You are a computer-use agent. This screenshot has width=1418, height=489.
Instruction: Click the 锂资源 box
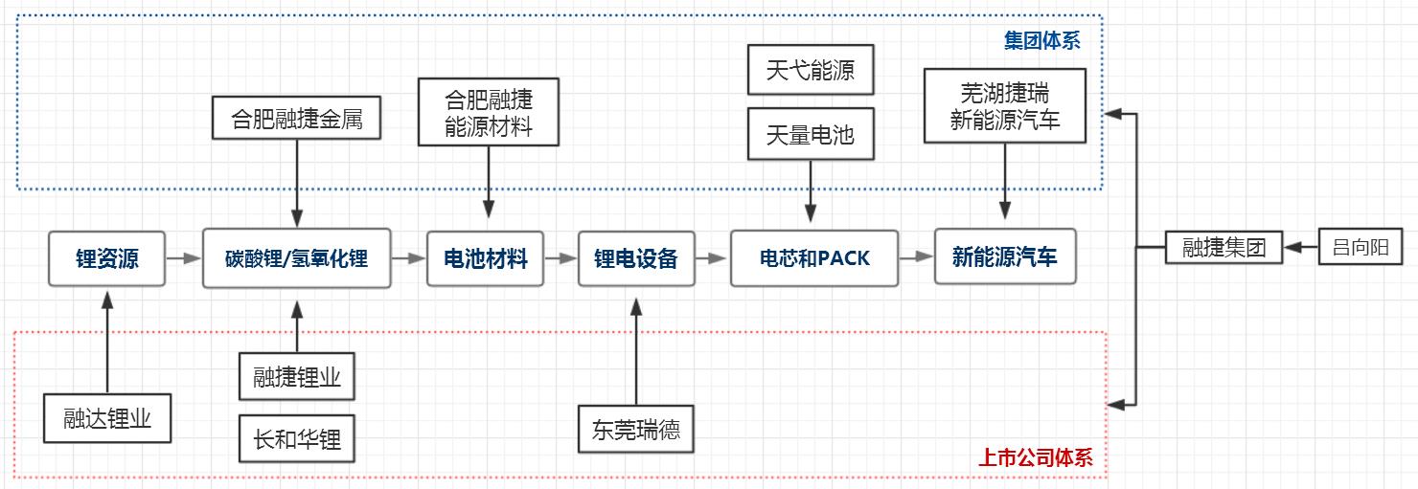tap(106, 258)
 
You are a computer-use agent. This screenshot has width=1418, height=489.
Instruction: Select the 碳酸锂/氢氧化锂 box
tap(296, 258)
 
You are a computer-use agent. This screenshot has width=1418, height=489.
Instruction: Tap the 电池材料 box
tap(485, 258)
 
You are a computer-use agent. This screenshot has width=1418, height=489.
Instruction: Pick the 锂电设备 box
tap(635, 258)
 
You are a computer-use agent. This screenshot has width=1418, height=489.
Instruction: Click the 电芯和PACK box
tap(813, 258)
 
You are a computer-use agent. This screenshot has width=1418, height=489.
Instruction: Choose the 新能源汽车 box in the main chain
tap(1004, 256)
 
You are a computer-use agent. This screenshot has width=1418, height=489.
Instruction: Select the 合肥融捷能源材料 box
tap(489, 112)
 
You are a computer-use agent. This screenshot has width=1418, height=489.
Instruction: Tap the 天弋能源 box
tap(810, 72)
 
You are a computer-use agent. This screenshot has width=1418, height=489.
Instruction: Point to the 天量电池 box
tap(810, 134)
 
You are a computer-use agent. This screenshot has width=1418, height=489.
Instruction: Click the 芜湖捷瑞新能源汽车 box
tap(1004, 106)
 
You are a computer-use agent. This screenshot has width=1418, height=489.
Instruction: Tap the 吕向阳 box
tap(1361, 247)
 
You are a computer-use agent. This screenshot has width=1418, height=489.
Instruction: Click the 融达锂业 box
tap(107, 418)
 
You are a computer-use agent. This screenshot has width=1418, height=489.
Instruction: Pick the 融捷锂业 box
tap(296, 377)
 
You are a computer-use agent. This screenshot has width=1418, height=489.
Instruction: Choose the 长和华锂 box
tap(296, 439)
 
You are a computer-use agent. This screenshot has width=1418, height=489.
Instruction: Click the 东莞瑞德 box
tap(635, 429)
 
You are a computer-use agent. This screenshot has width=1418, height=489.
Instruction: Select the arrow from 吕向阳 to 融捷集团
tap(1301, 248)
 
